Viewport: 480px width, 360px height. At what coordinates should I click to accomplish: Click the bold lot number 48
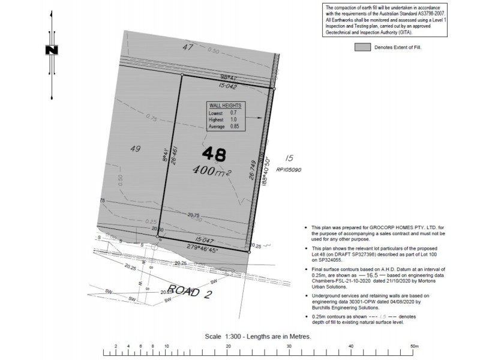214,154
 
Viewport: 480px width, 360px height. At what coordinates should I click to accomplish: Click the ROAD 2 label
191,292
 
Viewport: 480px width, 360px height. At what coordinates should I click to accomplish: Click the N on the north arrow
52,50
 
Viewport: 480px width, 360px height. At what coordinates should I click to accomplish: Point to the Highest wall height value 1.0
233,119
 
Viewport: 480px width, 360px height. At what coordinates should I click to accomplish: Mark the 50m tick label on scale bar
413,346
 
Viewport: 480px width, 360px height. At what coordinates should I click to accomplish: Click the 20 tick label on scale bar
228,346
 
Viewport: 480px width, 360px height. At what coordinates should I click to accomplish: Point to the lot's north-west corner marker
182,76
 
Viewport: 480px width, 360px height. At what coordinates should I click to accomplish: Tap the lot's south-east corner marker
249,252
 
